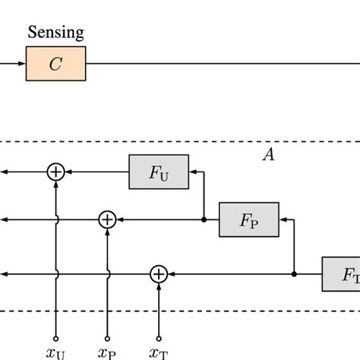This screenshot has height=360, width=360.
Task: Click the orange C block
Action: pos(55,64)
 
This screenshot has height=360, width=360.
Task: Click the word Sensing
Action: pos(55,33)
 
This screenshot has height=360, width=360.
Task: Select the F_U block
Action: pos(159,172)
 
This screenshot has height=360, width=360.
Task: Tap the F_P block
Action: pos(248,219)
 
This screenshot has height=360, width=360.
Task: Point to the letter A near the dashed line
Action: pos(268,155)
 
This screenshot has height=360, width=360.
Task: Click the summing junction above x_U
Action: pos(55,172)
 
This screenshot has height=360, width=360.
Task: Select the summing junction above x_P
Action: pos(107,219)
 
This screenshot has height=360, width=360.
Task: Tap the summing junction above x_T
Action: pos(159,273)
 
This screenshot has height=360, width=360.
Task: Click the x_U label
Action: pos(56,353)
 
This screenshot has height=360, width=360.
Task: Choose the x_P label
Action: pos(107,353)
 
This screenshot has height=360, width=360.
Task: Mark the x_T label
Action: pos(159,353)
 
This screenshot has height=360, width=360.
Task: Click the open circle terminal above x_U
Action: pos(55,338)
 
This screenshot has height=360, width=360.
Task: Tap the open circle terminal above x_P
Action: pos(107,338)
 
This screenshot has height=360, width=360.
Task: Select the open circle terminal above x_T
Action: pos(159,338)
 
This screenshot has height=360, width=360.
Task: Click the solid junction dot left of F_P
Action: pos(204,219)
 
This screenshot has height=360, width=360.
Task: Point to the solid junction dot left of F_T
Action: pos(294,273)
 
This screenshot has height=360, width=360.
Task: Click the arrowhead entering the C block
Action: pos(22,64)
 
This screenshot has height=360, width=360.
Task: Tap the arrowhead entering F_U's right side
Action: pos(193,172)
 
